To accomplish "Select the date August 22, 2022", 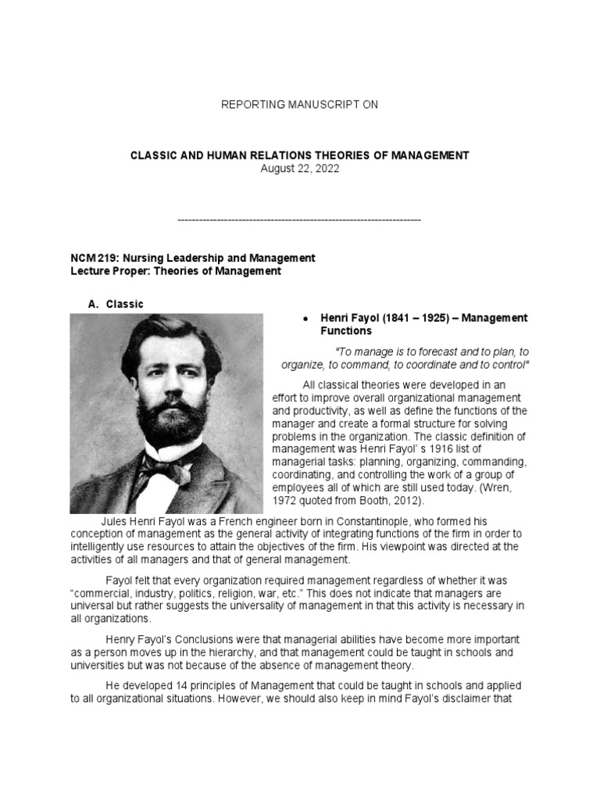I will pos(300,169).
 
